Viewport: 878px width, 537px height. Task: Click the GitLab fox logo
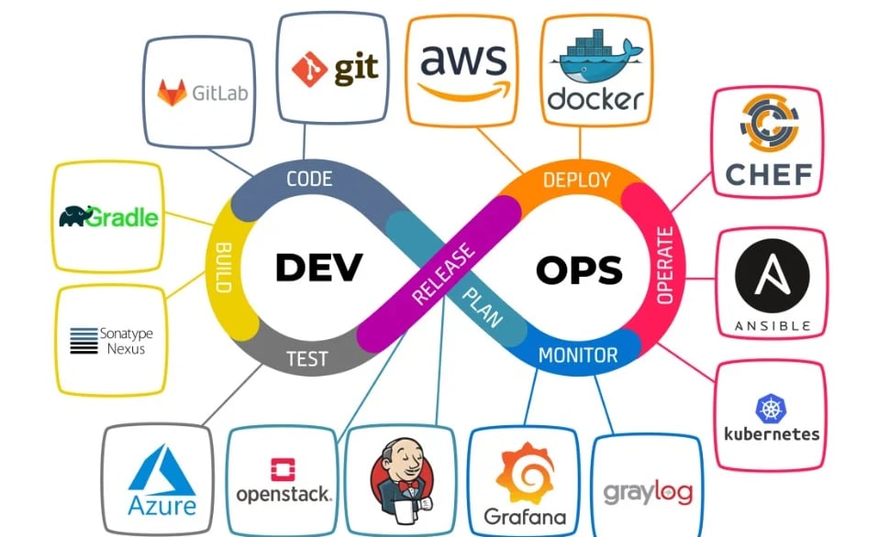[x=172, y=93]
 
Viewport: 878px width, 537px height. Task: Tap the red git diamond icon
[x=309, y=70]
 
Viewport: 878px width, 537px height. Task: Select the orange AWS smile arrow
[x=464, y=91]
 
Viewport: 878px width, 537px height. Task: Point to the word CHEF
[x=769, y=174]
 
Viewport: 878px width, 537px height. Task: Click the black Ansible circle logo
[x=772, y=275]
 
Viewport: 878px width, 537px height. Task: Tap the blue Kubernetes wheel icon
[x=771, y=409]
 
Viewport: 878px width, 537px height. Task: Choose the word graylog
[x=648, y=493]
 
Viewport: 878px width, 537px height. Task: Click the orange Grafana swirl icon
[x=525, y=473]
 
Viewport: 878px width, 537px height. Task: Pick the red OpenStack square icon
[x=283, y=470]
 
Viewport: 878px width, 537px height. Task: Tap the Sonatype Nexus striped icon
[x=84, y=341]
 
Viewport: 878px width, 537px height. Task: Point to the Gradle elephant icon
[x=75, y=216]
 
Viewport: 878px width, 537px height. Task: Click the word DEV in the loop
[x=319, y=267]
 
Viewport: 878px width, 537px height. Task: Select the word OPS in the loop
[x=579, y=270]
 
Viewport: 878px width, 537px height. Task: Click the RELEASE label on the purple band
[x=443, y=274]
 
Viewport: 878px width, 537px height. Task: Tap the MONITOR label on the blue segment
[x=578, y=356]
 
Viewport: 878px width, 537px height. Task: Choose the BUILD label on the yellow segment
[x=224, y=268]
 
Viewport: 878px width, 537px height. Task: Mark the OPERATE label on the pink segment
[x=664, y=266]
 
